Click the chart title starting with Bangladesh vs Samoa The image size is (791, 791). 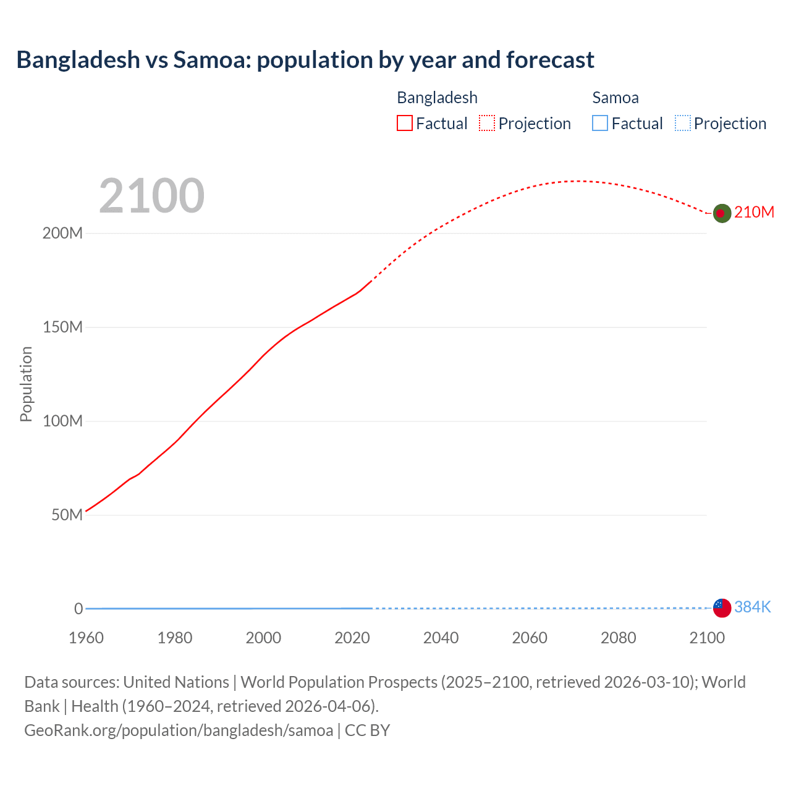point(305,60)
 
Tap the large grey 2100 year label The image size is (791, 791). point(151,196)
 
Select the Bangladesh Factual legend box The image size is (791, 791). point(404,124)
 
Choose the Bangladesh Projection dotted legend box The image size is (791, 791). point(487,124)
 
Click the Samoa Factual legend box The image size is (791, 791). point(599,124)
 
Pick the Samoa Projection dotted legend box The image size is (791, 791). point(682,124)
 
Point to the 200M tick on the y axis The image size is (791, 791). point(62,234)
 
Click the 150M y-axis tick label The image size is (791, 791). point(62,328)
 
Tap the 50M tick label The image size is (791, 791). point(67,515)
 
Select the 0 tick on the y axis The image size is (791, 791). point(78,609)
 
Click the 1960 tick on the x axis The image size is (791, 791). point(86,638)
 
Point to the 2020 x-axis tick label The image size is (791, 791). point(352,638)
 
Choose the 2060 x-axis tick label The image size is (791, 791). point(530,638)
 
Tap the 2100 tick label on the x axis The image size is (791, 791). point(707,638)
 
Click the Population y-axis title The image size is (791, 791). point(26,384)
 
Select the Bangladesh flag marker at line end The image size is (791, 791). point(722,213)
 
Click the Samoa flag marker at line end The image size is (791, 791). point(722,608)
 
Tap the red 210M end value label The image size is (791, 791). point(754,213)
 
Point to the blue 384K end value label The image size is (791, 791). point(752,607)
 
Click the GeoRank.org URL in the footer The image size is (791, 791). point(179,730)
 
